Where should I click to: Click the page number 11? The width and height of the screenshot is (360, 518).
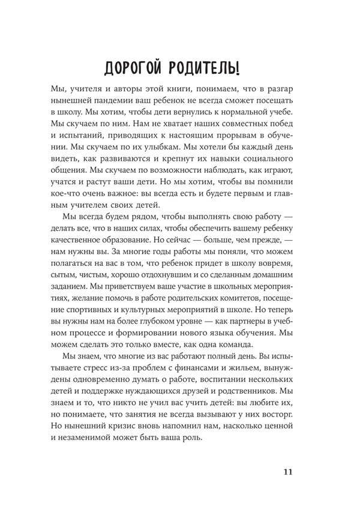point(287,471)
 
